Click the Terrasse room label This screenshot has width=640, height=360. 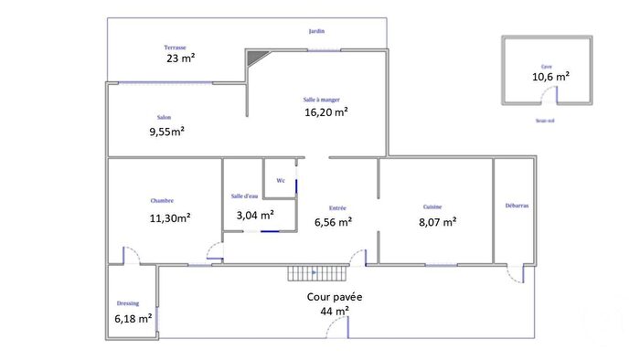pos(176,47)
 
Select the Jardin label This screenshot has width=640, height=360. pos(316,31)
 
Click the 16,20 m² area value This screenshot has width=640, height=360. pos(326,112)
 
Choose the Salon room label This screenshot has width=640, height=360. pos(165,117)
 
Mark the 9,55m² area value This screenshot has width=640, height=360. pos(167,131)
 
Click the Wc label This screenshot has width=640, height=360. pos(281,181)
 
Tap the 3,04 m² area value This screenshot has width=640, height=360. pos(255,216)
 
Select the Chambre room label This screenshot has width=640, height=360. pos(163,201)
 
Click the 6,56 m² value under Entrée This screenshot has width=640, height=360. pos(333,220)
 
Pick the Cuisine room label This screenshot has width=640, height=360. pos(432,206)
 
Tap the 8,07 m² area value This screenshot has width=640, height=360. pos(437,220)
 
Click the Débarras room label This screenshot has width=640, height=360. pos(517,206)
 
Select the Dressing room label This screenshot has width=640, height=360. pos(128,303)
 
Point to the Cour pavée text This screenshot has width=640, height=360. pos(335,297)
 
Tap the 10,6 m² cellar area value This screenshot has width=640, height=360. pos(550,77)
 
